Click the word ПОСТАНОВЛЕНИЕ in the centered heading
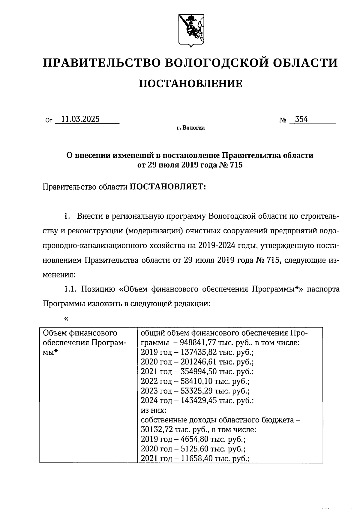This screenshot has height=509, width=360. tap(191, 83)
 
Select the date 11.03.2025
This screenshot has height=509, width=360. tap(80, 119)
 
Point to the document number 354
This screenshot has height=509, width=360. tap(301, 119)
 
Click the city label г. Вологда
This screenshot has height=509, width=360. tap(190, 128)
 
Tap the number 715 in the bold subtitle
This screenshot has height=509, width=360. tap(235, 165)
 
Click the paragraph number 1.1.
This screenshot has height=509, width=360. tap(71, 289)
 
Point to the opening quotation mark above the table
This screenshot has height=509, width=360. tap(66, 319)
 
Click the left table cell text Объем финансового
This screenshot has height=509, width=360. tap(80, 333)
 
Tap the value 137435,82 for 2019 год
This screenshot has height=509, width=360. tap(199, 352)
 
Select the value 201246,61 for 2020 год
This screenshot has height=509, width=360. tap(199, 362)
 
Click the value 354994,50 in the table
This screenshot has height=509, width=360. tap(199, 372)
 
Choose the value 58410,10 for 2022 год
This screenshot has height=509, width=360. tap(197, 381)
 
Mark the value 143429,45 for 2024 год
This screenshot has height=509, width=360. tap(199, 400)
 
